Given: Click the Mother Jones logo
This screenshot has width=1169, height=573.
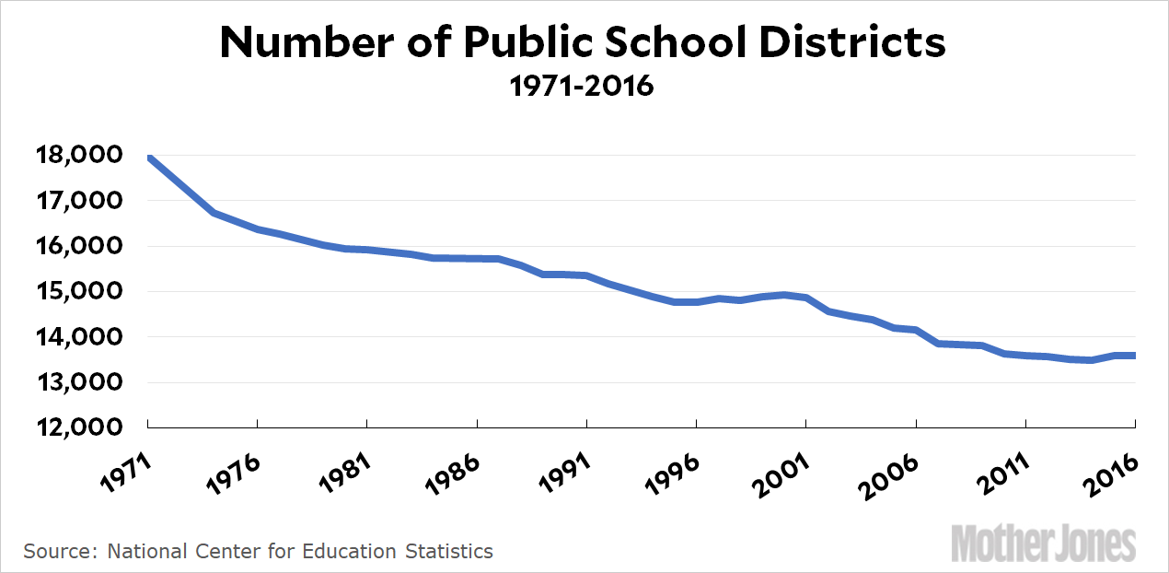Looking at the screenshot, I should click(1044, 544).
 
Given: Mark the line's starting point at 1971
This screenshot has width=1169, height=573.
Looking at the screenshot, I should click(148, 158).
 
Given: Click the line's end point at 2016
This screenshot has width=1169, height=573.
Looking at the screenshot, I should click(1134, 356).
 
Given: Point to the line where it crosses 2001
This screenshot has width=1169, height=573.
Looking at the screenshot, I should click(805, 298).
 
